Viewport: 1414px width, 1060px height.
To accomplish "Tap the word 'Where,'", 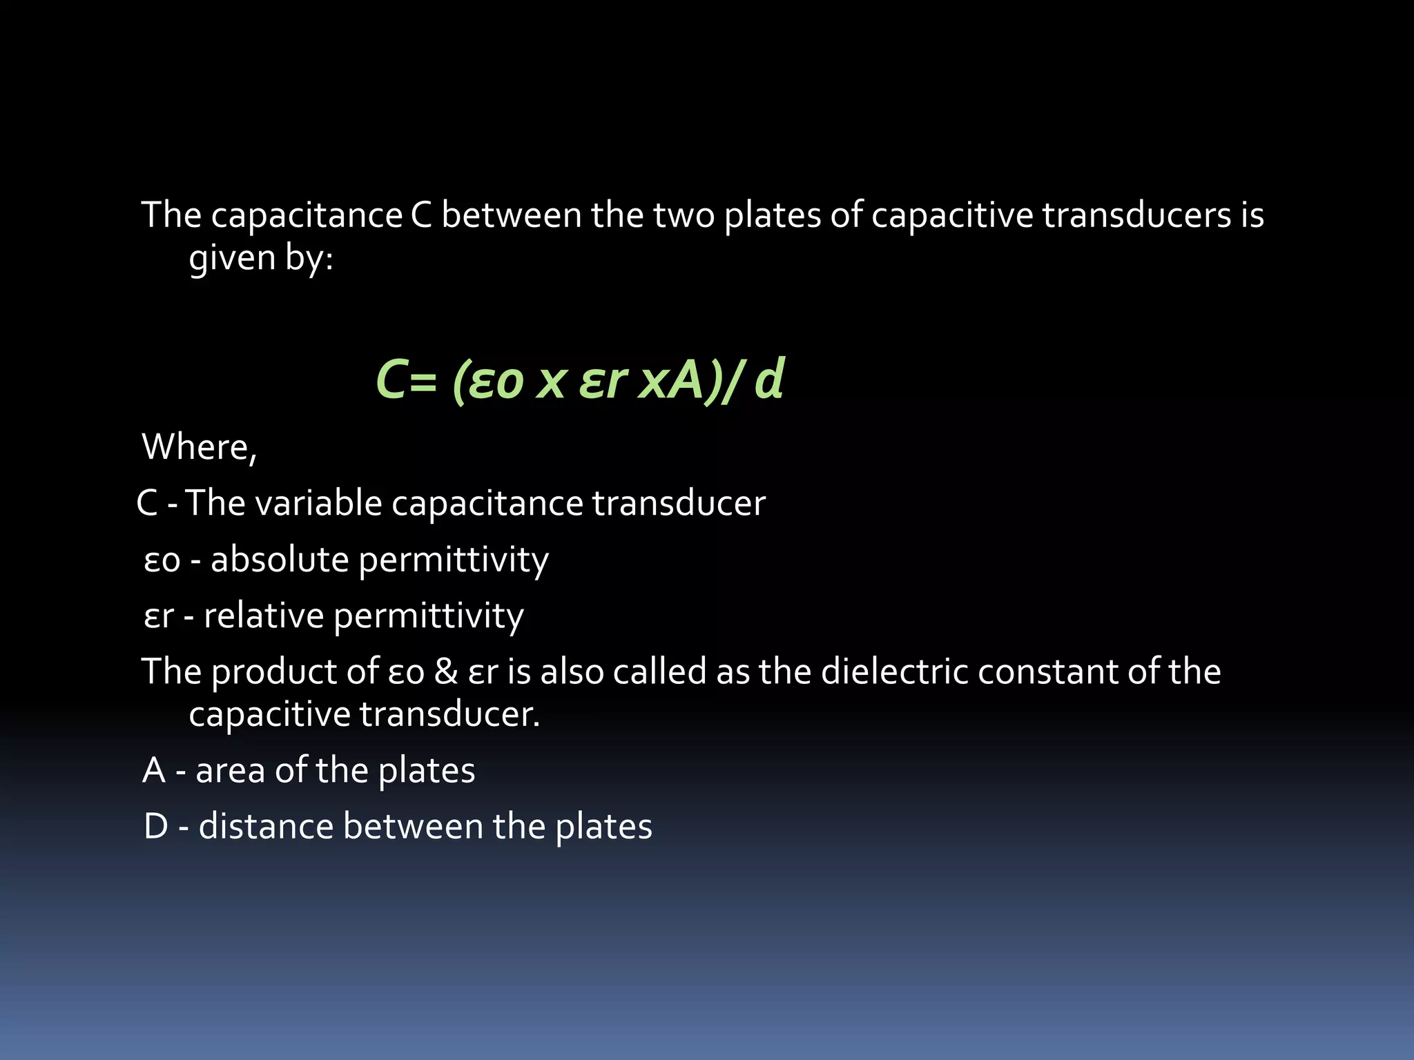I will pyautogui.click(x=199, y=446).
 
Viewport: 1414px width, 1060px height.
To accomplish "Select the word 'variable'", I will pyautogui.click(x=318, y=502).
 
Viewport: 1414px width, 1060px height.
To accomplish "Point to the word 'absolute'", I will pyautogui.click(x=280, y=559).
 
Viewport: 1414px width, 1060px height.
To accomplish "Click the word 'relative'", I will pyautogui.click(x=264, y=616).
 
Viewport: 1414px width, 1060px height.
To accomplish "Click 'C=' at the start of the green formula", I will pyautogui.click(x=407, y=380).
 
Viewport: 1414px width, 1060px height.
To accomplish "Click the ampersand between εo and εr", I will pyautogui.click(x=445, y=671).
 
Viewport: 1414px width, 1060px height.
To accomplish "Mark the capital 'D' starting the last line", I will pyautogui.click(x=156, y=827).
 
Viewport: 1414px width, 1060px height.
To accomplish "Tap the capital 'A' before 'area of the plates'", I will pyautogui.click(x=154, y=771).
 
